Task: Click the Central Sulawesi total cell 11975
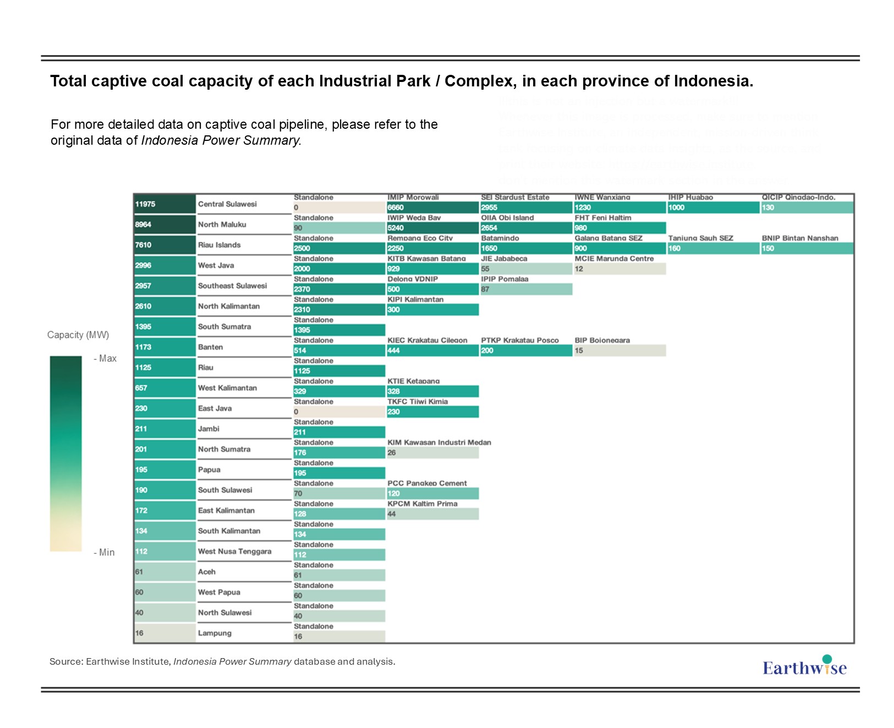pyautogui.click(x=164, y=204)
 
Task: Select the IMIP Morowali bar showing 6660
pyautogui.click(x=432, y=207)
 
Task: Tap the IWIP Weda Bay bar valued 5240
pyautogui.click(x=432, y=228)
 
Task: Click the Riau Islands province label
pyautogui.click(x=219, y=245)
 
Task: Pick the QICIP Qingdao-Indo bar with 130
pyautogui.click(x=807, y=207)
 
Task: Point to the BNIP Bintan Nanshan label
pyautogui.click(x=800, y=238)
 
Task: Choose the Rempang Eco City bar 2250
pyautogui.click(x=432, y=248)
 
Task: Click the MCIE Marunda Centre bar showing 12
pyautogui.click(x=619, y=269)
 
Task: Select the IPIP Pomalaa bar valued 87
pyautogui.click(x=526, y=289)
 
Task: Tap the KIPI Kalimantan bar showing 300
pyautogui.click(x=432, y=310)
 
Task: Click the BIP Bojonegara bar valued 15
pyautogui.click(x=619, y=351)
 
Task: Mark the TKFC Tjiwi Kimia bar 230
pyautogui.click(x=432, y=412)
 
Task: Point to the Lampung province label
pyautogui.click(x=215, y=633)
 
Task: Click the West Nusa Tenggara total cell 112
pyautogui.click(x=164, y=551)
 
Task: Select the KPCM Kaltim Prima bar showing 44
pyautogui.click(x=432, y=514)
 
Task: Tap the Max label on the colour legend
pyautogui.click(x=107, y=359)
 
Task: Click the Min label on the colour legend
pyautogui.click(x=106, y=552)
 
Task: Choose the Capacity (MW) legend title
pyautogui.click(x=78, y=335)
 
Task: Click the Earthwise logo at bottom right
pyautogui.click(x=804, y=666)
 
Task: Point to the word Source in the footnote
pyautogui.click(x=66, y=661)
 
